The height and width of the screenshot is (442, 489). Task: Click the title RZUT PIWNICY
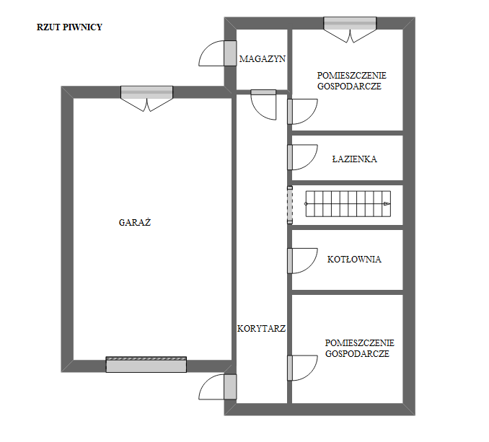[69, 27]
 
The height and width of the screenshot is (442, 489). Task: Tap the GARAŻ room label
[135, 222]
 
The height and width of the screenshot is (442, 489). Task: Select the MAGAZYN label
[263, 58]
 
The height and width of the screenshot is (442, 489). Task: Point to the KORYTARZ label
[261, 328]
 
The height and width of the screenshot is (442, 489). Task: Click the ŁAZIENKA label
[355, 159]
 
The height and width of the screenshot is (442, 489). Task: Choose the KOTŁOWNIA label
[354, 259]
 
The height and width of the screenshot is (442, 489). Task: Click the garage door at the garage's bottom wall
[146, 364]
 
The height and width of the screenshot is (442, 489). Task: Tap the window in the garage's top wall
[146, 99]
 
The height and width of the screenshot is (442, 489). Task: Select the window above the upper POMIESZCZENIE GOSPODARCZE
[350, 30]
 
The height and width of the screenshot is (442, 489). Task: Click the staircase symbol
[348, 203]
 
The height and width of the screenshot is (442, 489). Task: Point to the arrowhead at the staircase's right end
[387, 203]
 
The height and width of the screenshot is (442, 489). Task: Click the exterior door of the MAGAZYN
[218, 53]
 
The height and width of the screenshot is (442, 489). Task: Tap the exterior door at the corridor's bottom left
[218, 386]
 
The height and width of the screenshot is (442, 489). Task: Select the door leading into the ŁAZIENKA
[302, 157]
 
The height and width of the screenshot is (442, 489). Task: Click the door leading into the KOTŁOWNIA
[302, 261]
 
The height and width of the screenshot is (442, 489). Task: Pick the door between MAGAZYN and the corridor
[263, 105]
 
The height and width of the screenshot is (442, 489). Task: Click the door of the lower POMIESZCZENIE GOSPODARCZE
[302, 368]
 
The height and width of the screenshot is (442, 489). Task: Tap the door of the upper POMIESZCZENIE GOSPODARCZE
[302, 112]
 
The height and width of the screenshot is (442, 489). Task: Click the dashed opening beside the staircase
[290, 205]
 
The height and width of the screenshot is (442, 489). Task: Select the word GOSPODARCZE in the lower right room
[357, 354]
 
